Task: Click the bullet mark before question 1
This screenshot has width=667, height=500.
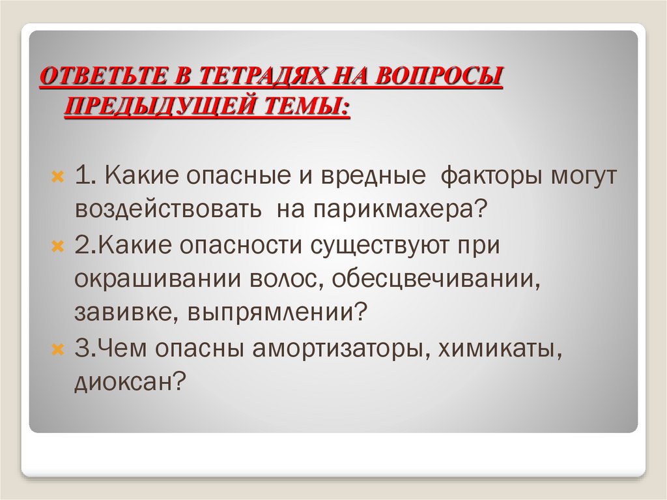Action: pos(57,177)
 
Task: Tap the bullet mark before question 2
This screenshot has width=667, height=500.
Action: pos(57,247)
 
